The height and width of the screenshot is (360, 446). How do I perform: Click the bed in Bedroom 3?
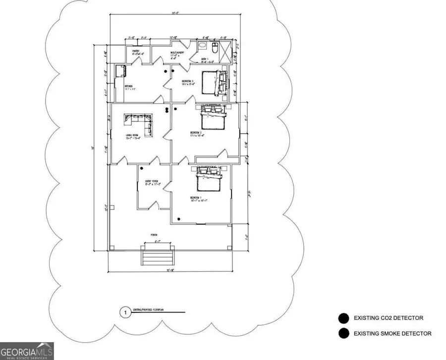click(x=212, y=82)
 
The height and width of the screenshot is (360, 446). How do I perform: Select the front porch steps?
click(x=157, y=257)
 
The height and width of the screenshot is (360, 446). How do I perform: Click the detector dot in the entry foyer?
click(x=141, y=168)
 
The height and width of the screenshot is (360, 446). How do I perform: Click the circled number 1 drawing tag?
click(x=126, y=312)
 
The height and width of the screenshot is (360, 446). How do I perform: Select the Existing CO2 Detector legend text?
click(x=389, y=318)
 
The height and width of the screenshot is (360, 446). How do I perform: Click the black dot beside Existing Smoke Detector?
click(x=343, y=334)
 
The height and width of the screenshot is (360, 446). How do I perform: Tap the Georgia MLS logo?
click(x=27, y=350)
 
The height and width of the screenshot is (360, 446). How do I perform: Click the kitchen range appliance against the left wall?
click(x=119, y=71)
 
